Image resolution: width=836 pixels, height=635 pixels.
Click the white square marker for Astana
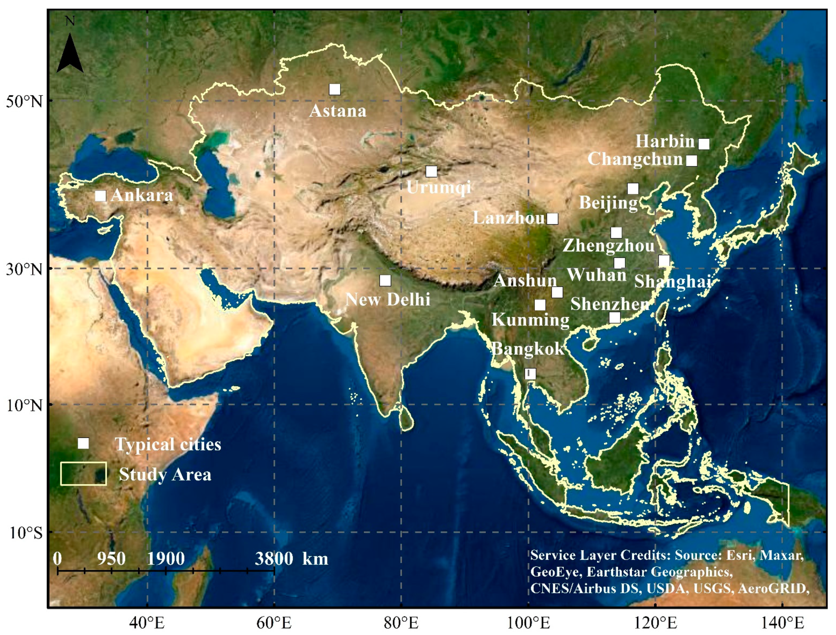(x=334, y=89)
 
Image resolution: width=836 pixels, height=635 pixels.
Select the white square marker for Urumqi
(x=431, y=172)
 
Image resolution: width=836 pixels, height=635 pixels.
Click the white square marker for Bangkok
(x=530, y=374)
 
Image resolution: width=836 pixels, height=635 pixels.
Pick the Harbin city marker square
(x=703, y=144)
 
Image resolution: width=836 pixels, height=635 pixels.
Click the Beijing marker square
(x=633, y=189)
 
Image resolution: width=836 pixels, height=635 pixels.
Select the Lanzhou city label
(x=509, y=218)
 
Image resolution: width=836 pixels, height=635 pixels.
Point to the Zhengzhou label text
(x=608, y=246)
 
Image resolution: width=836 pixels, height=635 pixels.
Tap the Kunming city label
(x=530, y=320)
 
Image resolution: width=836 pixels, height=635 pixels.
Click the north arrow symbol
(x=70, y=53)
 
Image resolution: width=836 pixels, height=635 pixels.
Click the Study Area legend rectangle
(x=83, y=474)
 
